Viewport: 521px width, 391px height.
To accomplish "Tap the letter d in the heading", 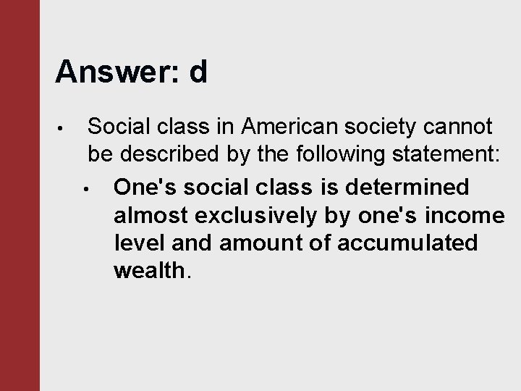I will click(198, 72).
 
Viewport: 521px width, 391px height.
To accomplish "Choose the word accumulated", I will click(410, 243).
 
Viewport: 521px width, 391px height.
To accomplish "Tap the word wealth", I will click(150, 270).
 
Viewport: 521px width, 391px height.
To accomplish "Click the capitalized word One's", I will click(145, 187).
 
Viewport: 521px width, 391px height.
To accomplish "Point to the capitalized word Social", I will click(117, 127).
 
